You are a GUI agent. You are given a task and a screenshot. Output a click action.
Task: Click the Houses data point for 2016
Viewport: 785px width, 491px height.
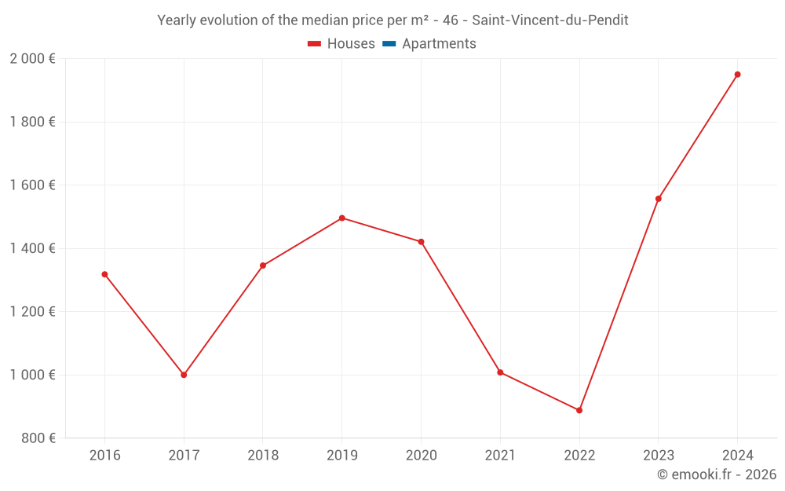click(x=104, y=274)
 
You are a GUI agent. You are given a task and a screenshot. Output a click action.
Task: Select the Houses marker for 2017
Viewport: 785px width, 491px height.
click(x=184, y=375)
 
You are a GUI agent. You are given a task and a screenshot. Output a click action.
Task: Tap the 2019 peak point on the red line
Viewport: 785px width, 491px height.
click(x=341, y=218)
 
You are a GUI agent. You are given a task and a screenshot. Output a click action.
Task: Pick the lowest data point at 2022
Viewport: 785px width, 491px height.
click(x=579, y=410)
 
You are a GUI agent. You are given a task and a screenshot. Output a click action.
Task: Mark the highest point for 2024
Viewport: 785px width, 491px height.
click(x=737, y=75)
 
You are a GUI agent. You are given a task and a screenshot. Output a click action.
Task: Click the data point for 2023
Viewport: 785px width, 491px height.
click(x=658, y=199)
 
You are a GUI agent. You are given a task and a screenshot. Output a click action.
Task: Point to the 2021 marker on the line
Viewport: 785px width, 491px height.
click(x=500, y=372)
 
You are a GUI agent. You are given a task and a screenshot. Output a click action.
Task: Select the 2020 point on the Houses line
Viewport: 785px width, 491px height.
click(x=421, y=242)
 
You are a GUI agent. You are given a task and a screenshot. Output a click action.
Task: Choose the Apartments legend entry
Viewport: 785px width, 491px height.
click(x=439, y=44)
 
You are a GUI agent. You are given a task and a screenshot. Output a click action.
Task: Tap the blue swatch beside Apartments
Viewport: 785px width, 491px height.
click(x=389, y=44)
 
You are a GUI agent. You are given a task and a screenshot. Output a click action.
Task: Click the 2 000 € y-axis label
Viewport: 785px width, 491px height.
click(x=32, y=59)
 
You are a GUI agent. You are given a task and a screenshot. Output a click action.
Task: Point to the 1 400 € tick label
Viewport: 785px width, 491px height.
click(x=32, y=248)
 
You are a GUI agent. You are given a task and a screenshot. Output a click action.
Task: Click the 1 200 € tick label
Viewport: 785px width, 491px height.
click(x=32, y=312)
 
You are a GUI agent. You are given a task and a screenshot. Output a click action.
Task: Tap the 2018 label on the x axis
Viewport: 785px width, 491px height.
click(x=263, y=455)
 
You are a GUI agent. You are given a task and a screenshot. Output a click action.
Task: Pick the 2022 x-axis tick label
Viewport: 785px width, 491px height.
click(x=579, y=455)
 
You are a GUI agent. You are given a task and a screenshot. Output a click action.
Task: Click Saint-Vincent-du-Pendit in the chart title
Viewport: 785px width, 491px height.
click(x=549, y=20)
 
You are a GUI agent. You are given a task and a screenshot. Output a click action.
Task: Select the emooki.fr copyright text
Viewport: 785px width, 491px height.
click(x=716, y=475)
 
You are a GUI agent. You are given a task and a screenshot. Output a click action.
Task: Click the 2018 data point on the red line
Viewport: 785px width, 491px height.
click(x=263, y=266)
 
